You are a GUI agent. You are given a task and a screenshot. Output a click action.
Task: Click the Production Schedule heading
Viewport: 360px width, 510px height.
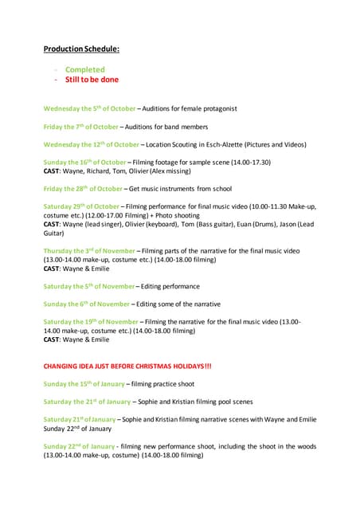(81, 49)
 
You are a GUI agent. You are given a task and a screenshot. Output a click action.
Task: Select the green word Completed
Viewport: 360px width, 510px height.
(85, 69)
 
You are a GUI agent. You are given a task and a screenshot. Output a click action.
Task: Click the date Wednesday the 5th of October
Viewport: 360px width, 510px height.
(89, 108)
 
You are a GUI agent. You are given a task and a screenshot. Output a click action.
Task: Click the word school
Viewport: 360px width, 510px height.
(221, 188)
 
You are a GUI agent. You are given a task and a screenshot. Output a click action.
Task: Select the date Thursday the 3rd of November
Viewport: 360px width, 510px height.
(90, 251)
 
